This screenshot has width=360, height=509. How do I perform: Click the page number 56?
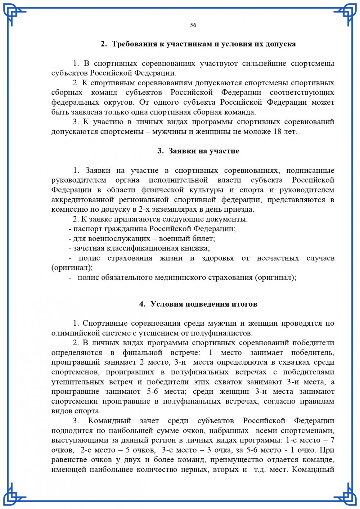[193, 25]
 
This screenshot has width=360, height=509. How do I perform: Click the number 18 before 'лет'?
[278, 131]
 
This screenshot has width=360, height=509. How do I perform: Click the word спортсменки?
[75, 401]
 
